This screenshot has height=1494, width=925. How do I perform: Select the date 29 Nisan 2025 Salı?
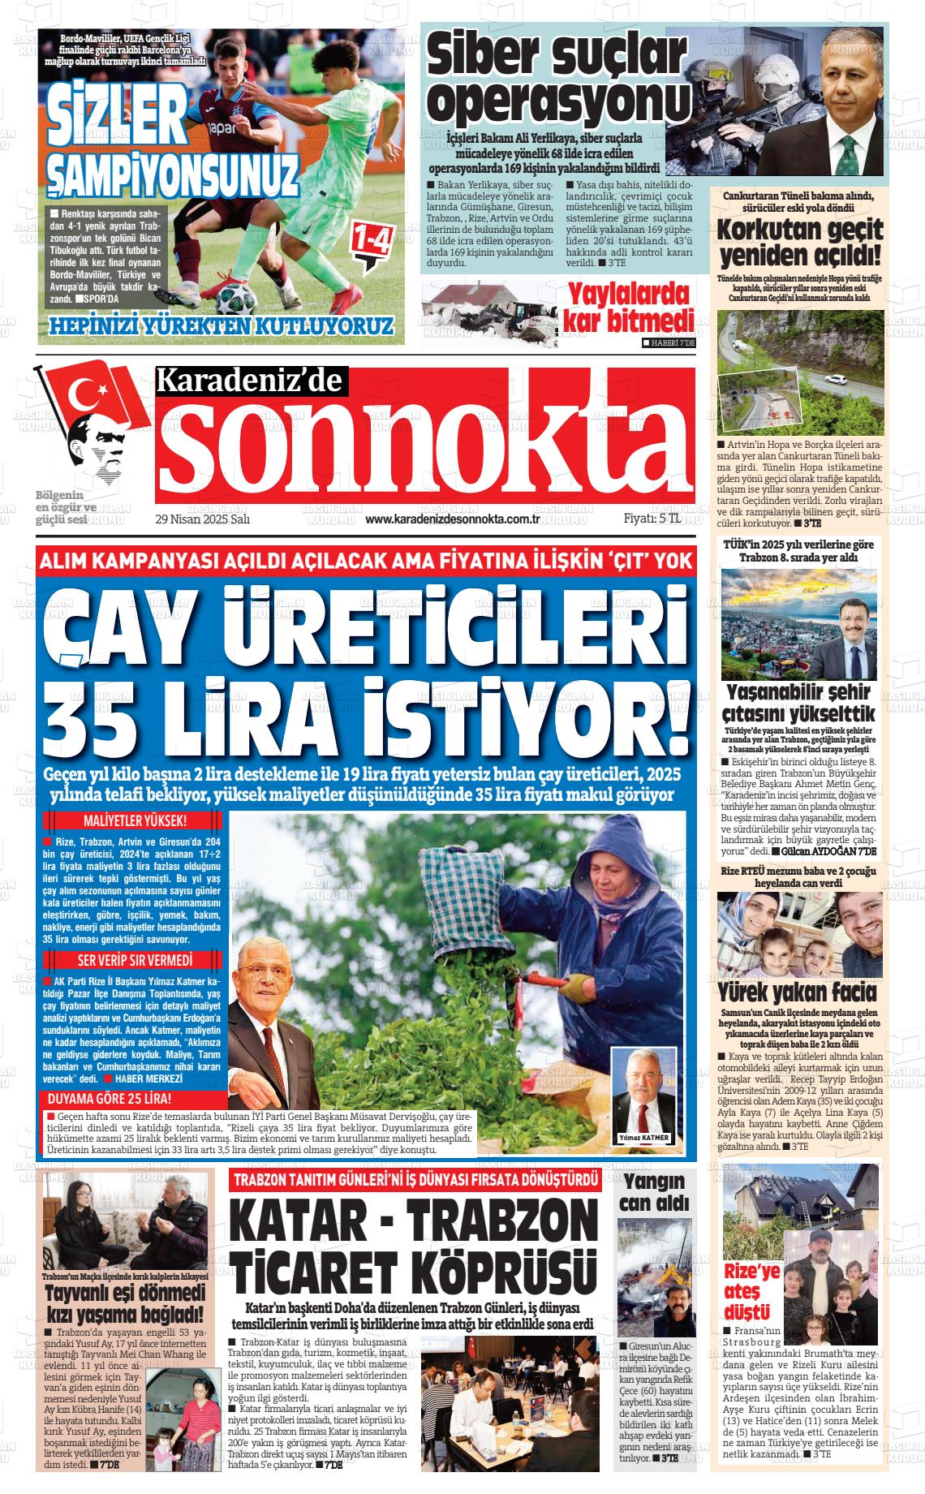click(202, 520)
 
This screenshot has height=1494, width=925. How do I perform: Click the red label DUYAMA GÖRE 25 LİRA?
click(110, 1100)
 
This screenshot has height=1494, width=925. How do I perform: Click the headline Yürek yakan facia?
click(798, 993)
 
